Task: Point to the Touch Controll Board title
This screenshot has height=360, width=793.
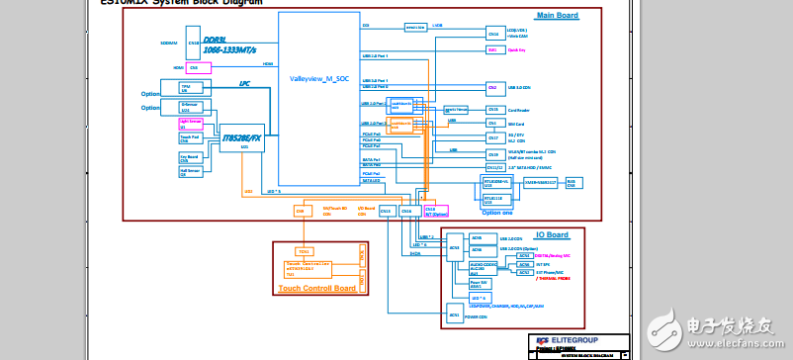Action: click(315, 289)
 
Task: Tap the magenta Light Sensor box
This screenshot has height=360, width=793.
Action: click(190, 124)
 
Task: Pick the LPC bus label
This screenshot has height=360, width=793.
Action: click(243, 84)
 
